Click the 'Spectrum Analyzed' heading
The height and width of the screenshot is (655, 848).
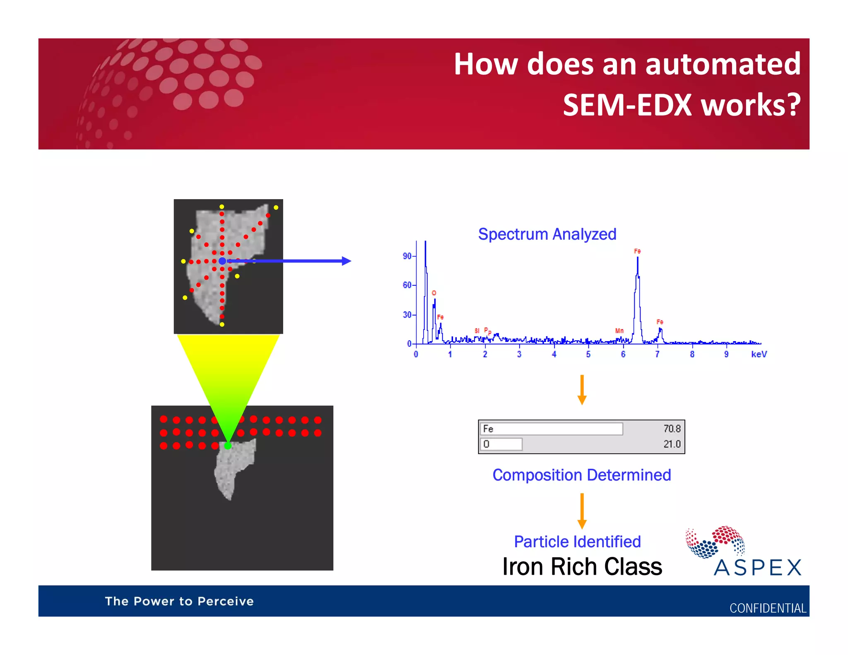[547, 234]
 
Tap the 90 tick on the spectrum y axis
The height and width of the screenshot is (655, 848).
[407, 256]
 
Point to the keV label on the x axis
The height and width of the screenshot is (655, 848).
[759, 354]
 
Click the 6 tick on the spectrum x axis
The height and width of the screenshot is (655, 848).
[623, 354]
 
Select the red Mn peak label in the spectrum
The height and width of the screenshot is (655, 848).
[619, 331]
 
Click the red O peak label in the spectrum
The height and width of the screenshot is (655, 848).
[434, 293]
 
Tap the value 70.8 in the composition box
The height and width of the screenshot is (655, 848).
[672, 429]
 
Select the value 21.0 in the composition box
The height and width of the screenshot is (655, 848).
[672, 444]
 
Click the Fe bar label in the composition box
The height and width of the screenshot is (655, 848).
[488, 429]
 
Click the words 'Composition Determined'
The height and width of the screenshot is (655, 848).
[581, 475]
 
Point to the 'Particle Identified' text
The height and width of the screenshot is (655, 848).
[577, 542]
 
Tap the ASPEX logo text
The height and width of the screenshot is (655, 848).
[758, 568]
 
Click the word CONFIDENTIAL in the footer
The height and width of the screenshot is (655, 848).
[767, 608]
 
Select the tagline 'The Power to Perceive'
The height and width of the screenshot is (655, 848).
[179, 601]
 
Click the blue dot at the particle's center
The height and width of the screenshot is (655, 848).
[222, 261]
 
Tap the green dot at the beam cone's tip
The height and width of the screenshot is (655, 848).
[228, 445]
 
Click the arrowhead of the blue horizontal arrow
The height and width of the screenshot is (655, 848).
[346, 261]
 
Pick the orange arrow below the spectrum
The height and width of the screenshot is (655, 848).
[582, 390]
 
